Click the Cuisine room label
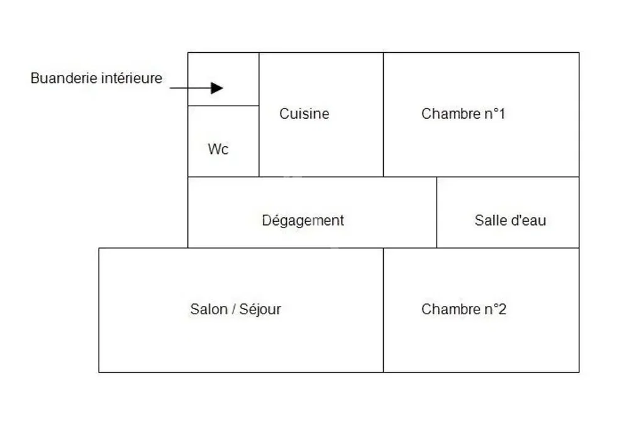pyautogui.click(x=304, y=114)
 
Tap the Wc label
pyautogui.click(x=218, y=149)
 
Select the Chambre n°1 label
pyautogui.click(x=463, y=114)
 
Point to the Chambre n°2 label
pyautogui.click(x=464, y=309)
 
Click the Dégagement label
pyautogui.click(x=303, y=221)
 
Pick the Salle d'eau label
pyautogui.click(x=510, y=221)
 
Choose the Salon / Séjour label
pyautogui.click(x=235, y=309)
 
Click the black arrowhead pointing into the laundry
pyautogui.click(x=216, y=88)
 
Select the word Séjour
pyautogui.click(x=260, y=309)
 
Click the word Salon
pyautogui.click(x=209, y=309)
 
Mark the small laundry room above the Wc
pyautogui.click(x=223, y=79)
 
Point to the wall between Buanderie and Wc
pyautogui.click(x=223, y=106)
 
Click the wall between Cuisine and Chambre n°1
pyautogui.click(x=384, y=114)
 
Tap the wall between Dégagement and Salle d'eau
pyautogui.click(x=437, y=212)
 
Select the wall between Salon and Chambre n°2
pyautogui.click(x=384, y=310)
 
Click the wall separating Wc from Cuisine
pyautogui.click(x=259, y=141)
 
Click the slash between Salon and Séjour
pyautogui.click(x=233, y=309)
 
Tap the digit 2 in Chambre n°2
pyautogui.click(x=502, y=309)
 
